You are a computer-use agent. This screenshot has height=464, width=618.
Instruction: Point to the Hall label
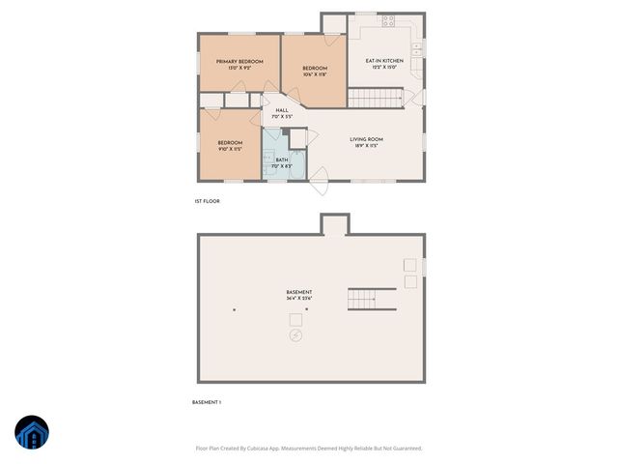[x=282, y=113]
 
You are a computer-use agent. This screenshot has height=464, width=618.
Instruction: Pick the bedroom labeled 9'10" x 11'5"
[x=229, y=146]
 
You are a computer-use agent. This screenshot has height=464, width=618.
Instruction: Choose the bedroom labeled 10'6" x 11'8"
[x=316, y=72]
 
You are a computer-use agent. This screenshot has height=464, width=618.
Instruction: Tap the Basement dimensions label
[x=299, y=299]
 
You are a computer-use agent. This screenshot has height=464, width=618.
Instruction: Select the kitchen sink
[x=417, y=46]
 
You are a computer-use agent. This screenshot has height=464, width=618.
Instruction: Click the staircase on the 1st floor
[x=375, y=97]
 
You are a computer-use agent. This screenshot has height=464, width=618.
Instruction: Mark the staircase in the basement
[x=372, y=299]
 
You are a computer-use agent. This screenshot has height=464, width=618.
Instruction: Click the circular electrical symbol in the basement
[x=295, y=335]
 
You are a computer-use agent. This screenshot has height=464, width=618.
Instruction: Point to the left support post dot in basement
[x=235, y=309]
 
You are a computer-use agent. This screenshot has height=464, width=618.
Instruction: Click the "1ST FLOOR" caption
[x=208, y=201]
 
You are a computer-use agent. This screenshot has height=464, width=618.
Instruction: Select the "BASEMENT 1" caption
[x=208, y=402]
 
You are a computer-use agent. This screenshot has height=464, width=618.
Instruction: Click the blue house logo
[x=32, y=434]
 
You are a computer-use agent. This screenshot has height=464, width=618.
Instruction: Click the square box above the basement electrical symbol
[x=295, y=319]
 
